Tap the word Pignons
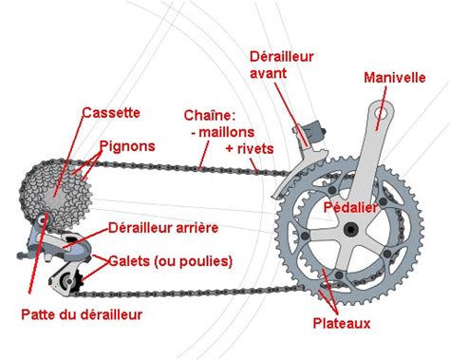pyautogui.click(x=125, y=147)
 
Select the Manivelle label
pyautogui.click(x=394, y=79)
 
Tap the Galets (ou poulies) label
pyautogui.click(x=170, y=259)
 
